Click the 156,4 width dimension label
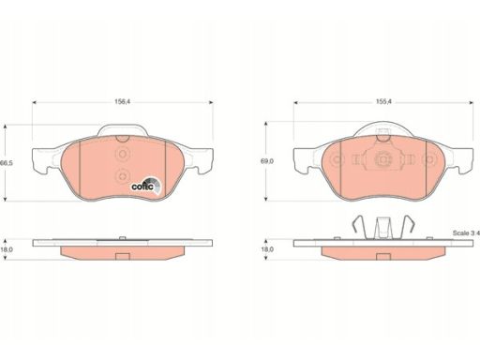(x=123, y=102)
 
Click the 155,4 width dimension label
(x=383, y=101)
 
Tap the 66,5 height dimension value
(x=7, y=163)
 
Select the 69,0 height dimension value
(x=268, y=161)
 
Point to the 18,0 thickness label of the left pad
(x=7, y=249)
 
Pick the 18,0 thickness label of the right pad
(x=268, y=249)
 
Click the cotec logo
(x=146, y=186)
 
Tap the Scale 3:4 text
(x=466, y=233)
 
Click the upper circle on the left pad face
(x=122, y=154)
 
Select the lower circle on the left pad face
(x=122, y=175)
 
